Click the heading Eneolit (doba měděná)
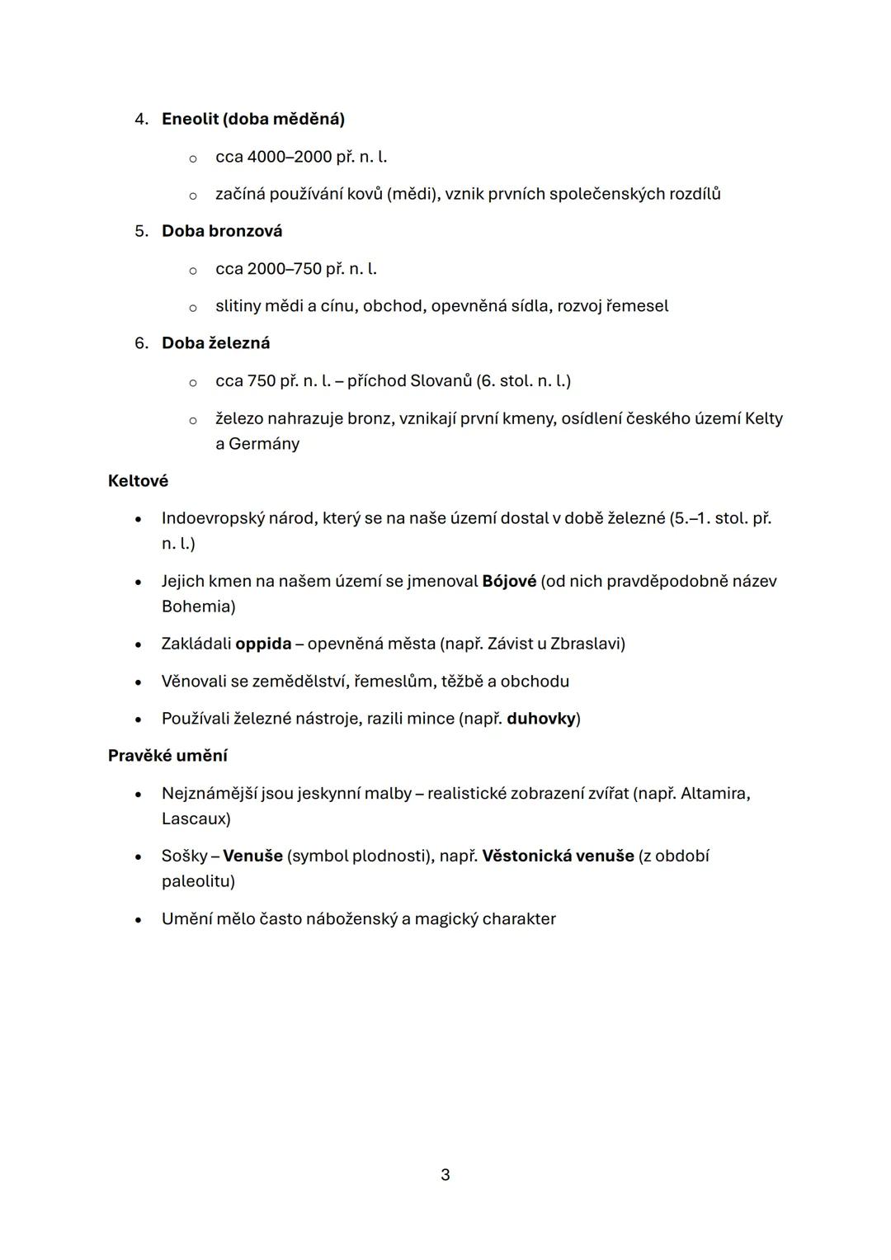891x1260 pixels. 252,119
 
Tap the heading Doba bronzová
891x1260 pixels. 221,231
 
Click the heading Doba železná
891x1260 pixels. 215,343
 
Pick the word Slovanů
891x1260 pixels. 441,381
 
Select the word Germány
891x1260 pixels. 264,444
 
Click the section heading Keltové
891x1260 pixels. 138,481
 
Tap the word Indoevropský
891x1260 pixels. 213,519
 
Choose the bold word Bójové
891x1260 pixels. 509,582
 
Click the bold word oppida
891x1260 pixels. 263,644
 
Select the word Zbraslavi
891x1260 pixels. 587,644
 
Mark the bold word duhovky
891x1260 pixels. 540,719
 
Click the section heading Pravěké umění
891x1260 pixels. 167,756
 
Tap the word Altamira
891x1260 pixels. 714,794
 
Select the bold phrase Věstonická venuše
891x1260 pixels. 558,857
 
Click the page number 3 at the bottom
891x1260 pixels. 445,1175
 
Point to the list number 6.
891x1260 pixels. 140,343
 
